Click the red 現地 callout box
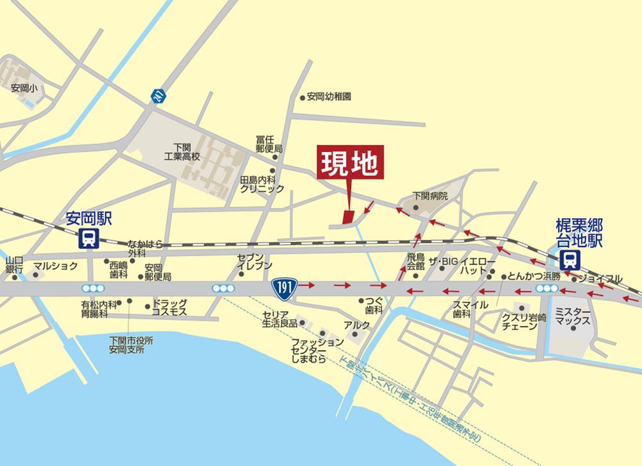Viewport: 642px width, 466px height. (350, 164)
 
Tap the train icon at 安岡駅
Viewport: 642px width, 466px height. (87, 239)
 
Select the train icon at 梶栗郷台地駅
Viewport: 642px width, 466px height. (569, 259)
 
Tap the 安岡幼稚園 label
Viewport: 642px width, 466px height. (329, 98)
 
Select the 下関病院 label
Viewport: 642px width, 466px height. (429, 195)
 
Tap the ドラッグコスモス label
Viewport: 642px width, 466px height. (169, 307)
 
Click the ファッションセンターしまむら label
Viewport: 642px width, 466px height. (308, 351)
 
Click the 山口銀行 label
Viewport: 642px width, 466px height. (14, 264)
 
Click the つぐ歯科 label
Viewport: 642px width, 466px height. (374, 304)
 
